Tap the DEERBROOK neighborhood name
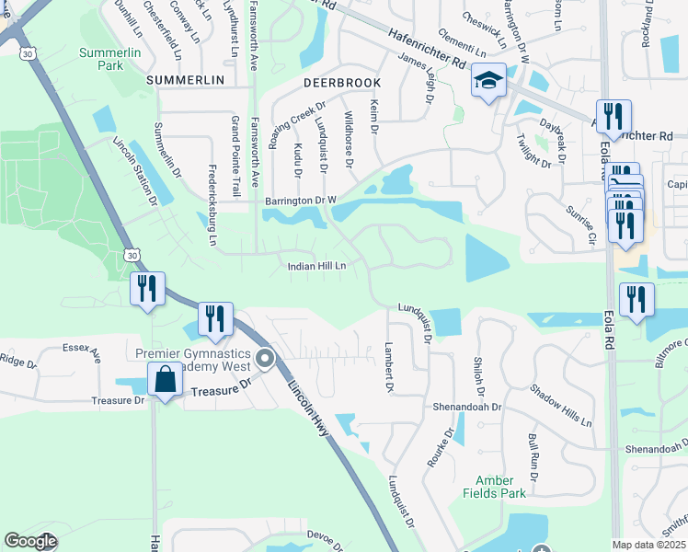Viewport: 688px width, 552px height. [x=341, y=83]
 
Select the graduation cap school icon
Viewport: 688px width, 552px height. [x=488, y=82]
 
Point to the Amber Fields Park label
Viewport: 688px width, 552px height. [x=500, y=487]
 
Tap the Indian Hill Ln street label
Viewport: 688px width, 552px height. [x=316, y=266]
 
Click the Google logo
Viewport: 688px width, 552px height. [x=30, y=541]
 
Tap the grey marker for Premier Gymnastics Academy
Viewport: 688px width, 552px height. [x=266, y=358]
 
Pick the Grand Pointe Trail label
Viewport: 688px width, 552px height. [x=235, y=148]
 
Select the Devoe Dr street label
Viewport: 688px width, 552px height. [x=325, y=535]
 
